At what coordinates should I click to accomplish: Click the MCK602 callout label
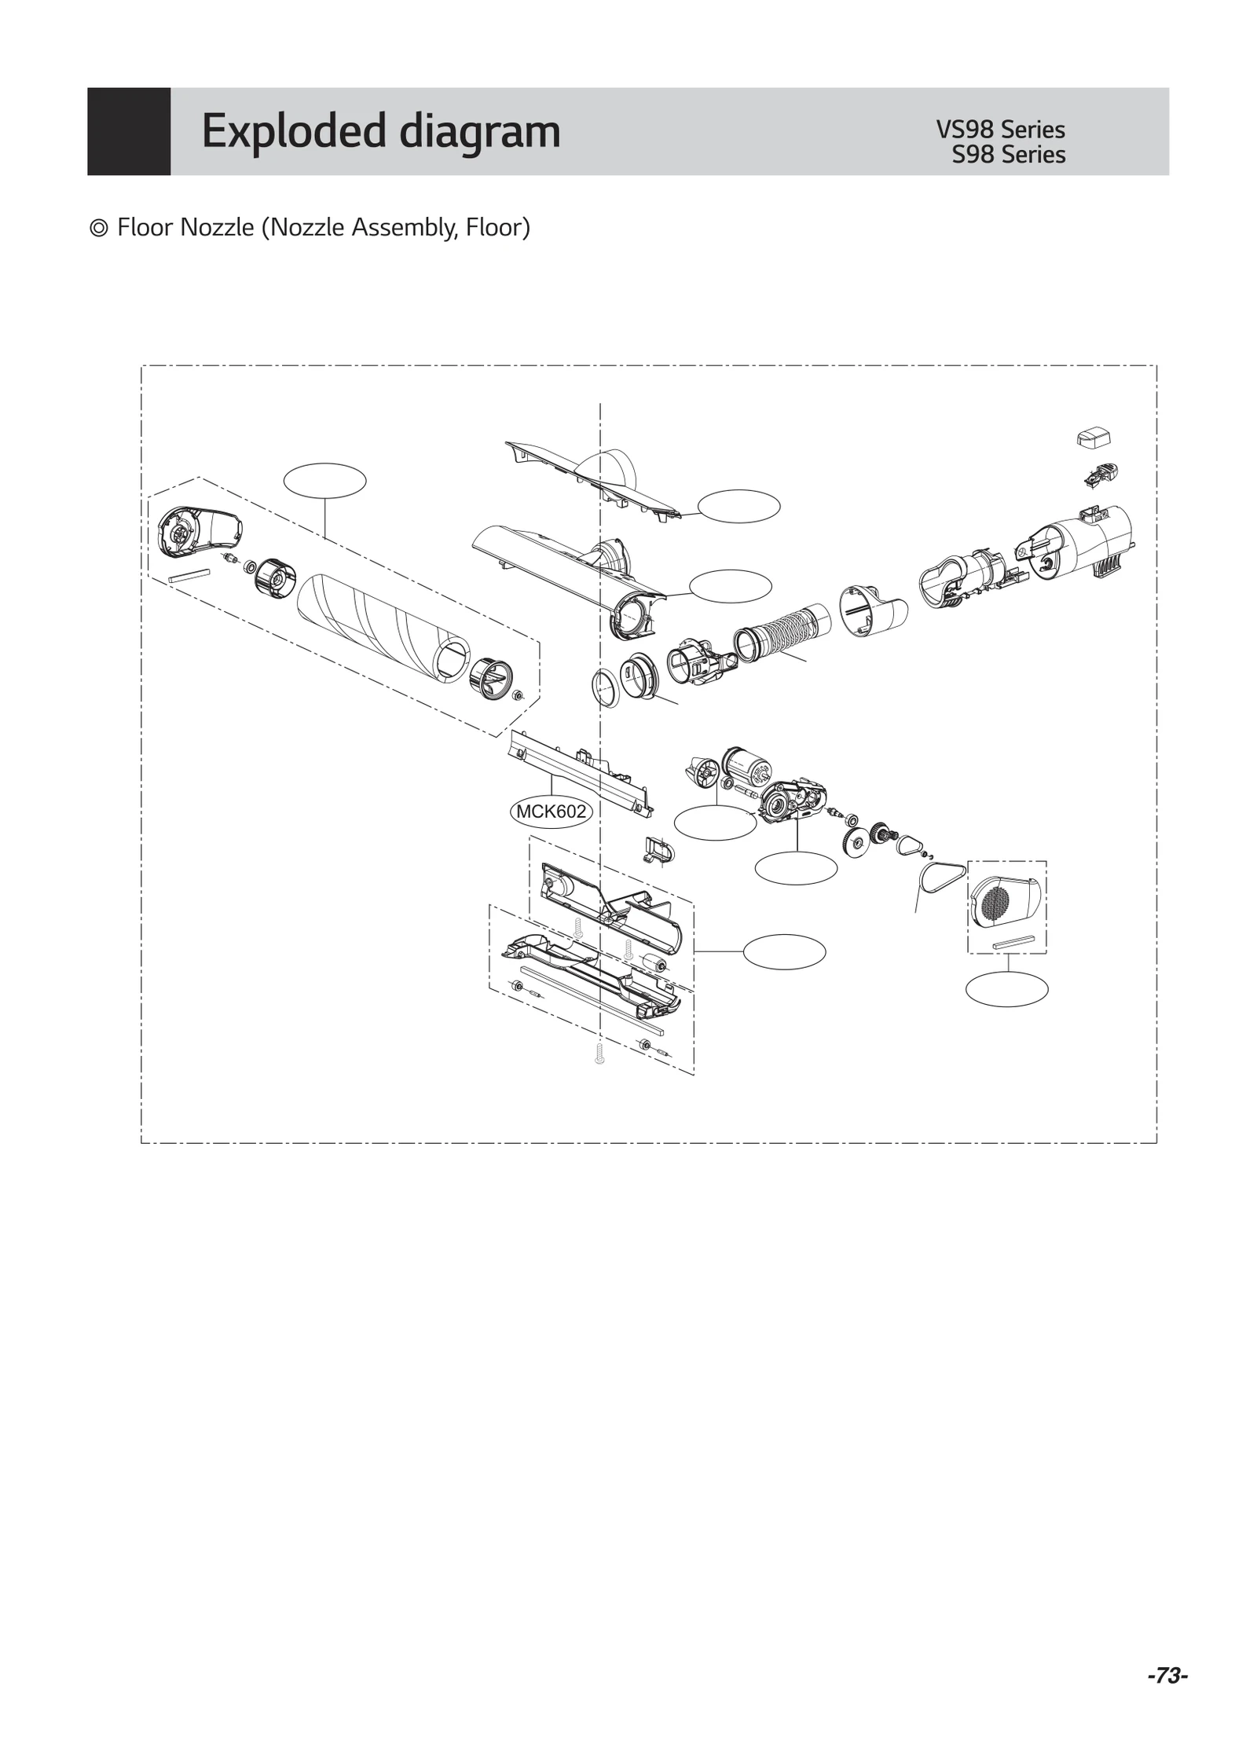551,812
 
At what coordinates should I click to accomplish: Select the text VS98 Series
999,130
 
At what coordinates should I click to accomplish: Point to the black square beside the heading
129,131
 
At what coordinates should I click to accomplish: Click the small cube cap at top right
1093,438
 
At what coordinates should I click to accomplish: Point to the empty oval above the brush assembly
324,481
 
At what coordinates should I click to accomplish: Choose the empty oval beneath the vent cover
1006,988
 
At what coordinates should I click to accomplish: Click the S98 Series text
1008,155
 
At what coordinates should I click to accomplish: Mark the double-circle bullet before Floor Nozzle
99,229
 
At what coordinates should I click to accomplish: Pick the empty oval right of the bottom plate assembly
783,951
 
